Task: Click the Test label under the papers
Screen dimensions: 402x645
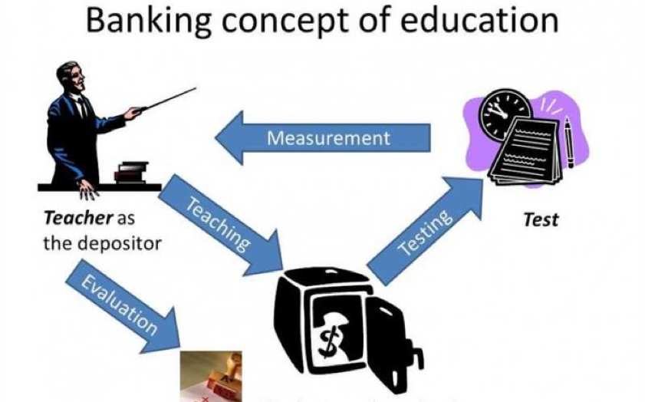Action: tap(541, 219)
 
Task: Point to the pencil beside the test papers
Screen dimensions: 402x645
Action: tap(568, 145)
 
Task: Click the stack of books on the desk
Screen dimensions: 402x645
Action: tap(131, 171)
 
